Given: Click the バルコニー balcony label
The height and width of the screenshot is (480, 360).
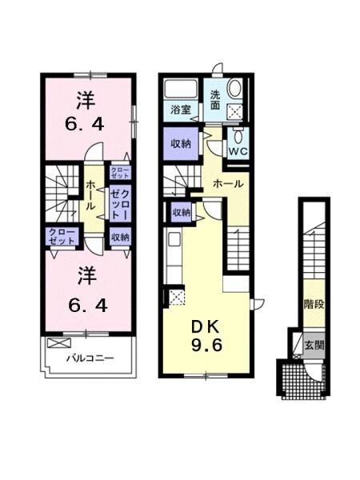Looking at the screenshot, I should pyautogui.click(x=90, y=358).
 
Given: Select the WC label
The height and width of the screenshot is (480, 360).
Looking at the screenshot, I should pyautogui.click(x=238, y=149).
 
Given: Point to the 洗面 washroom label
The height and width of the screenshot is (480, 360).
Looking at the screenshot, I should pyautogui.click(x=216, y=99).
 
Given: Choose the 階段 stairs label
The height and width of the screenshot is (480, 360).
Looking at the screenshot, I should pyautogui.click(x=313, y=305).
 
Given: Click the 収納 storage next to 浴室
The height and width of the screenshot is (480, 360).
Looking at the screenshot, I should pyautogui.click(x=181, y=144).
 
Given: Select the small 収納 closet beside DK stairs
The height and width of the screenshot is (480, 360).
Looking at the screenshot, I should pyautogui.click(x=181, y=212).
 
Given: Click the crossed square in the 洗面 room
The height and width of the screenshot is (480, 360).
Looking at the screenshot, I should pyautogui.click(x=236, y=112).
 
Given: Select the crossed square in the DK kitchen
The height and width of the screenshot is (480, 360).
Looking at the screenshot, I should pyautogui.click(x=176, y=297).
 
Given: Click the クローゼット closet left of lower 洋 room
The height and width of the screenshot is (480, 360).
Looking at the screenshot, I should pyautogui.click(x=62, y=236).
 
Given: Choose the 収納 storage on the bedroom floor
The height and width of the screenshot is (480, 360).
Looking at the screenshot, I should pyautogui.click(x=121, y=236).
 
